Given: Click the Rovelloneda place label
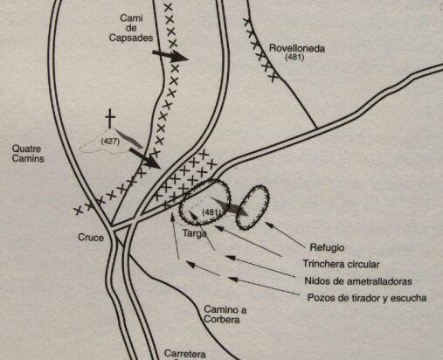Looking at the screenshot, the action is coord(297,48).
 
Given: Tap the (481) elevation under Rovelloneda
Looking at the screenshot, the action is coord(294,58).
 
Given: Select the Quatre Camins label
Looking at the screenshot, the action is coord(28,154).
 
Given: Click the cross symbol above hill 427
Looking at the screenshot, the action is coord(110,119).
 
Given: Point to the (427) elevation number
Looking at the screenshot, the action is coord(110,142).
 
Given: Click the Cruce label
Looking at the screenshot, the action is coord(91,238).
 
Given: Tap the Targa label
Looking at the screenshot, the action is coord(195,233).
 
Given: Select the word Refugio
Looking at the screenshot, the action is coord(327,247).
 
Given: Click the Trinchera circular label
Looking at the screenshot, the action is coord(341,264).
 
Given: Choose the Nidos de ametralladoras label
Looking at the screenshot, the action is coord(358,281).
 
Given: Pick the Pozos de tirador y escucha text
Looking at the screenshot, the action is coord(367,298).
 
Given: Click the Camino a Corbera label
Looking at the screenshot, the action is coord(225,315).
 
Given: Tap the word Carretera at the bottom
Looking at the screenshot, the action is coord(185,354).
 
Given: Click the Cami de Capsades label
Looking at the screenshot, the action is coord(131,28).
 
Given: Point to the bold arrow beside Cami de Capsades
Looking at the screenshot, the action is coord(170,55).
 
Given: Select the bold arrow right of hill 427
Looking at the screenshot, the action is coord(145,158).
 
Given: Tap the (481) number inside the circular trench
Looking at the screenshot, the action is coord(211,212).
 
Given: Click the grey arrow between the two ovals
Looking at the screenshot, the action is coord(229,206).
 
